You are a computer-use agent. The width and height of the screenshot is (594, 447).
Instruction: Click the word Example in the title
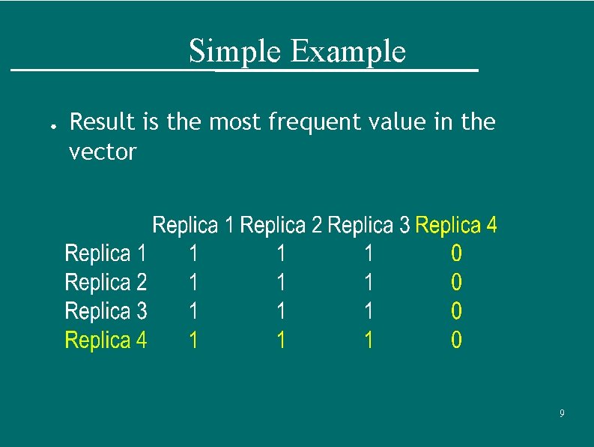pyautogui.click(x=348, y=52)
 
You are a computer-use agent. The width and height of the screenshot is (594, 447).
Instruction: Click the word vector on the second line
pyautogui.click(x=103, y=152)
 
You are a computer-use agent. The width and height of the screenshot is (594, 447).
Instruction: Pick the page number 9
pyautogui.click(x=562, y=414)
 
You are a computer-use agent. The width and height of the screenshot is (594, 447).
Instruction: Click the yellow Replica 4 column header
pyautogui.click(x=455, y=225)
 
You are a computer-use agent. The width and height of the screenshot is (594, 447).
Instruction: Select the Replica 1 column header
pyautogui.click(x=194, y=225)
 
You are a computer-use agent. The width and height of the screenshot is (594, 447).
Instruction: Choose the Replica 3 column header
pyautogui.click(x=369, y=225)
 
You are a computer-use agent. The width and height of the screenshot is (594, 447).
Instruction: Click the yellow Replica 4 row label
pyautogui.click(x=106, y=340)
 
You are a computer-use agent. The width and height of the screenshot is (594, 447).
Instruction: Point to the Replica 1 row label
pyautogui.click(x=106, y=253)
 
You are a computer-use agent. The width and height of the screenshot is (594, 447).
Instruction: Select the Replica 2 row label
pyautogui.click(x=106, y=283)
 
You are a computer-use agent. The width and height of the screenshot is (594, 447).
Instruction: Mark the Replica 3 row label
pyautogui.click(x=106, y=311)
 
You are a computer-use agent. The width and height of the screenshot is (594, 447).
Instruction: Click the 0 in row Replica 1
pyautogui.click(x=456, y=254)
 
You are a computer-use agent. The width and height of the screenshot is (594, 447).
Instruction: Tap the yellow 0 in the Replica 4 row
pyautogui.click(x=456, y=341)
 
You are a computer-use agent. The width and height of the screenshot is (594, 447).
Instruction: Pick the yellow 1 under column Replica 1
pyautogui.click(x=193, y=341)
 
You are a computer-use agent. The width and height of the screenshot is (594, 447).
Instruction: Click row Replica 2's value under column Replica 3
pyautogui.click(x=369, y=283)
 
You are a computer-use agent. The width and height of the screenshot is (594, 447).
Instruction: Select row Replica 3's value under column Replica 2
pyautogui.click(x=281, y=311)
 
